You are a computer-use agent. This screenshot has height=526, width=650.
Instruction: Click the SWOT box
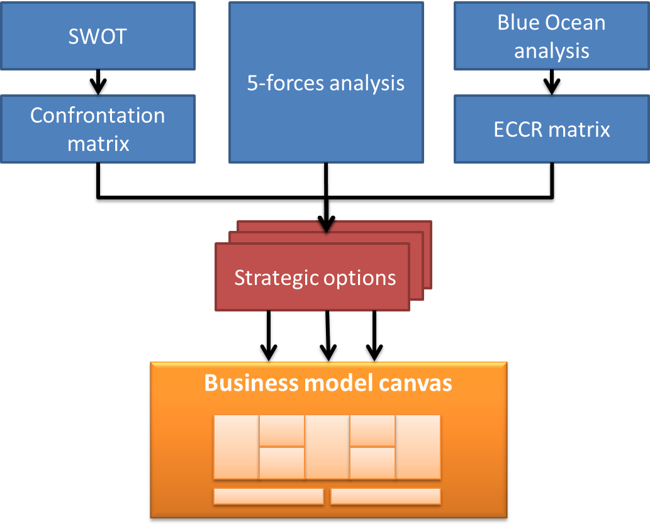point(98,36)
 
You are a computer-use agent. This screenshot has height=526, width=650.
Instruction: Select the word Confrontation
point(98,115)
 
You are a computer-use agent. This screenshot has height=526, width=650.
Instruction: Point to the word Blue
point(518,23)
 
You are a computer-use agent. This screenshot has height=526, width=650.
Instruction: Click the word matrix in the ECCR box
point(580,129)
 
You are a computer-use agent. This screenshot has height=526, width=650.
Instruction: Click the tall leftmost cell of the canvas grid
point(236,447)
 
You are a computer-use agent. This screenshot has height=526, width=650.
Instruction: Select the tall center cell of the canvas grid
point(327,447)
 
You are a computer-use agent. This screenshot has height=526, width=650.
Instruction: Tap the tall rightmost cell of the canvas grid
point(418,447)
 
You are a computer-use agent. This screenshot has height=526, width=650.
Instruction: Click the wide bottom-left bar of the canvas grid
point(268,496)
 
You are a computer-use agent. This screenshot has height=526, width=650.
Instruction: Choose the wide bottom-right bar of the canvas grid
point(385,496)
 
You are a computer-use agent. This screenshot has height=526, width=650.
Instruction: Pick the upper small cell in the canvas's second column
point(282,430)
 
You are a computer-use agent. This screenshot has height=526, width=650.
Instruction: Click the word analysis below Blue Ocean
point(552,50)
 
